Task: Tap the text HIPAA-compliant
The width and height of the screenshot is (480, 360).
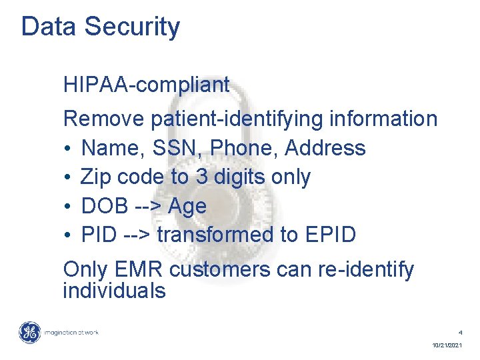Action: (147, 85)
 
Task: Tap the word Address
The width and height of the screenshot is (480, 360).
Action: (325, 148)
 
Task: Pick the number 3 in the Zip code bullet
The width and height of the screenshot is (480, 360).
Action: (201, 177)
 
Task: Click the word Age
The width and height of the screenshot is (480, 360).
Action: (187, 207)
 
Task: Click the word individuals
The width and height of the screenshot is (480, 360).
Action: (114, 291)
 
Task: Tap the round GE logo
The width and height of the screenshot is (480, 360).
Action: (29, 332)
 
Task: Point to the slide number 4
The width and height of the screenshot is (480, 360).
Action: (460, 332)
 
